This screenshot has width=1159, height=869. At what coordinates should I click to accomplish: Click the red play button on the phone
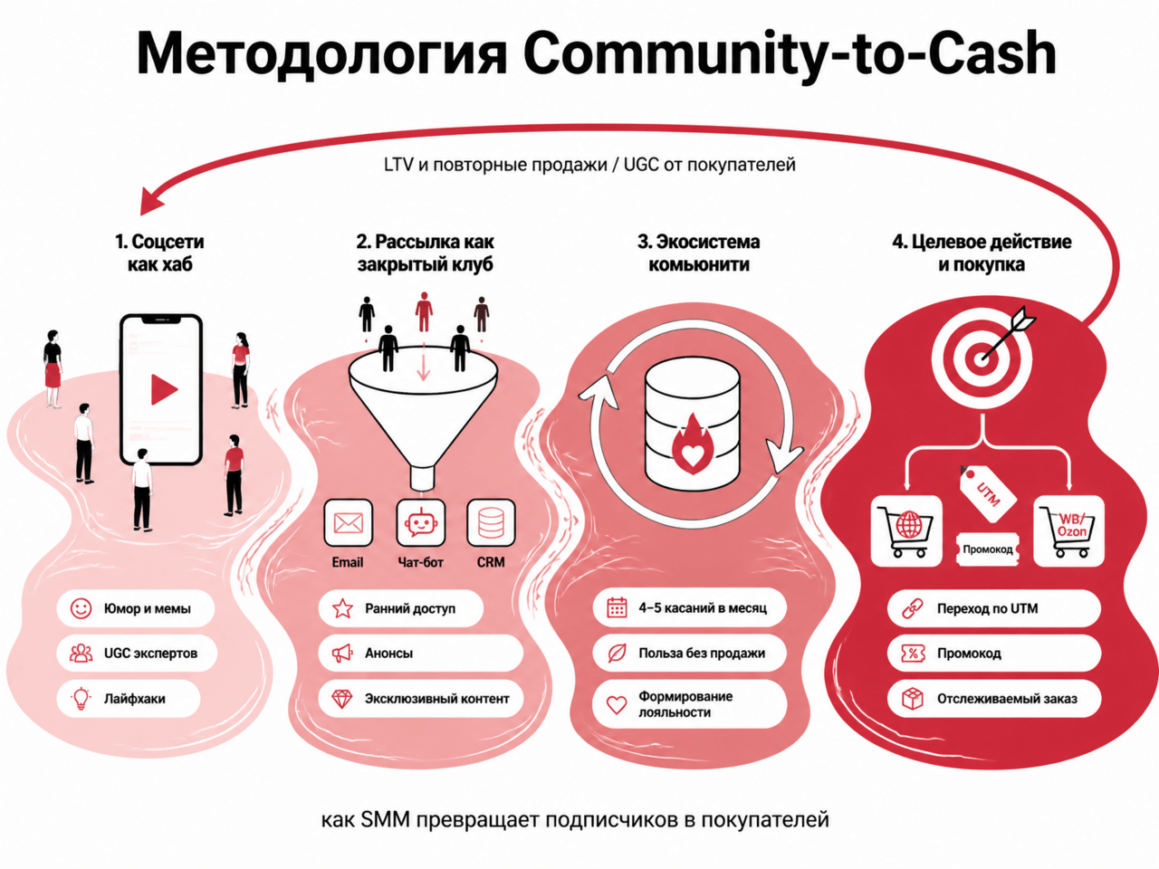[164, 389]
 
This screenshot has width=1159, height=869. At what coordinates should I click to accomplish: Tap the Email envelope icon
[348, 523]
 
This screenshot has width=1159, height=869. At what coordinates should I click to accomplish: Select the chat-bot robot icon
[421, 523]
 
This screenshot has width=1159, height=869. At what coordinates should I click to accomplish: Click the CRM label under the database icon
[491, 562]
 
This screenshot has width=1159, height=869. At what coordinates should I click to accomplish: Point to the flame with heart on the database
[692, 444]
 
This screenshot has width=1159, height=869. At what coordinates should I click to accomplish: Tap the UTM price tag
[987, 493]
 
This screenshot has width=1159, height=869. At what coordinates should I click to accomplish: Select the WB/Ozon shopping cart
[1068, 530]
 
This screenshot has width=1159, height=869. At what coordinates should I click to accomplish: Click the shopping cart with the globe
[905, 530]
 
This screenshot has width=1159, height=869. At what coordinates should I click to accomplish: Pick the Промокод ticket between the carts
[987, 549]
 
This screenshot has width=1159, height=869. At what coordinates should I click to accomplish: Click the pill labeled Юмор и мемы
[136, 608]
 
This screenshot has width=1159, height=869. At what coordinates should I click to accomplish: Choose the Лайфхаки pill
[129, 699]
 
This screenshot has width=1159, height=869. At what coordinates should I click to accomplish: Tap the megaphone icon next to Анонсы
[342, 654]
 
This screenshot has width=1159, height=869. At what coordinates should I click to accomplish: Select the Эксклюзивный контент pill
[421, 699]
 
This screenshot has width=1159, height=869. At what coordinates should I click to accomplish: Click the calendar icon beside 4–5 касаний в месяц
[617, 607]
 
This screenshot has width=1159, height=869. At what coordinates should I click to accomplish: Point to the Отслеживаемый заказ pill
[994, 699]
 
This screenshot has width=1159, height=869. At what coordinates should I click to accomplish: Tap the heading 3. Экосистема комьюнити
[698, 253]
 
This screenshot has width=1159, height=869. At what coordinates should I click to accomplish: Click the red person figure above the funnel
[424, 311]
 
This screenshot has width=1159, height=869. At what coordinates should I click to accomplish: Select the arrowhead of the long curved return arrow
[150, 203]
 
